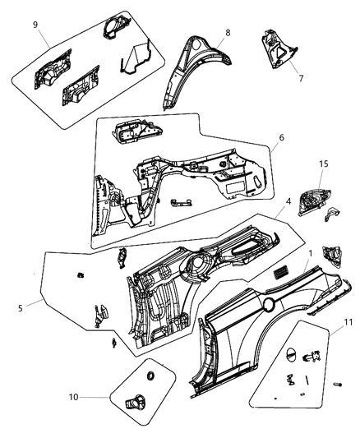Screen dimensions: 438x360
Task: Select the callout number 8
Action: click(228, 32)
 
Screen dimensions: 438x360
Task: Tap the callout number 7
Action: click(301, 79)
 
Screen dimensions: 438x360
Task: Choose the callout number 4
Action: click(265, 224)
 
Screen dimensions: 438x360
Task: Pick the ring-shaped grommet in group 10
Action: click(150, 376)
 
